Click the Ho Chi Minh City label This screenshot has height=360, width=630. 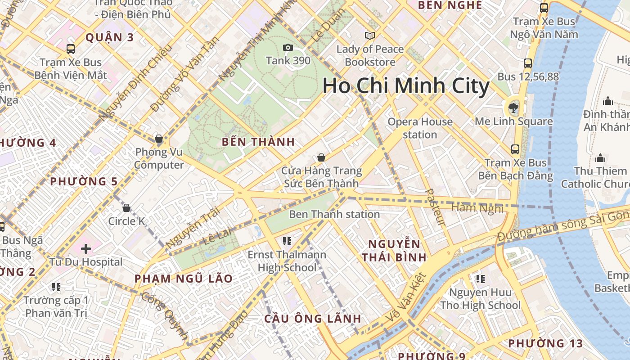406,86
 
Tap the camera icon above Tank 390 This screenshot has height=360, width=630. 288,47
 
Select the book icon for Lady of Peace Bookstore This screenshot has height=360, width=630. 370,36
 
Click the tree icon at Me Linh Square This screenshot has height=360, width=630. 513,108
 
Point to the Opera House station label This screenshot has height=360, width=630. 420,128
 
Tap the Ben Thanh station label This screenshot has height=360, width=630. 334,214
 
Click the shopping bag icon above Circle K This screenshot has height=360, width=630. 126,208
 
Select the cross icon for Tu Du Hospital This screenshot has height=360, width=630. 85,248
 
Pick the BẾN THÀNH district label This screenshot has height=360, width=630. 258,142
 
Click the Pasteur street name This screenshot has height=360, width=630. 434,207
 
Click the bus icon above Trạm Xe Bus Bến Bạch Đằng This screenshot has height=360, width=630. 515,149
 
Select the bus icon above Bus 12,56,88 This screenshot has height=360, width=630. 528,63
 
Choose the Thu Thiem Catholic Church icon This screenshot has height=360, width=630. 600,158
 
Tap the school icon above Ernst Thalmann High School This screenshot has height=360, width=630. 287,241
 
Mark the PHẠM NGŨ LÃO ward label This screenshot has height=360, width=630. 184,279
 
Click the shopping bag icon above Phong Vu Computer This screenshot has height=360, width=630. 158,138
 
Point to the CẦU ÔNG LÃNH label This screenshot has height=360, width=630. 312,319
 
